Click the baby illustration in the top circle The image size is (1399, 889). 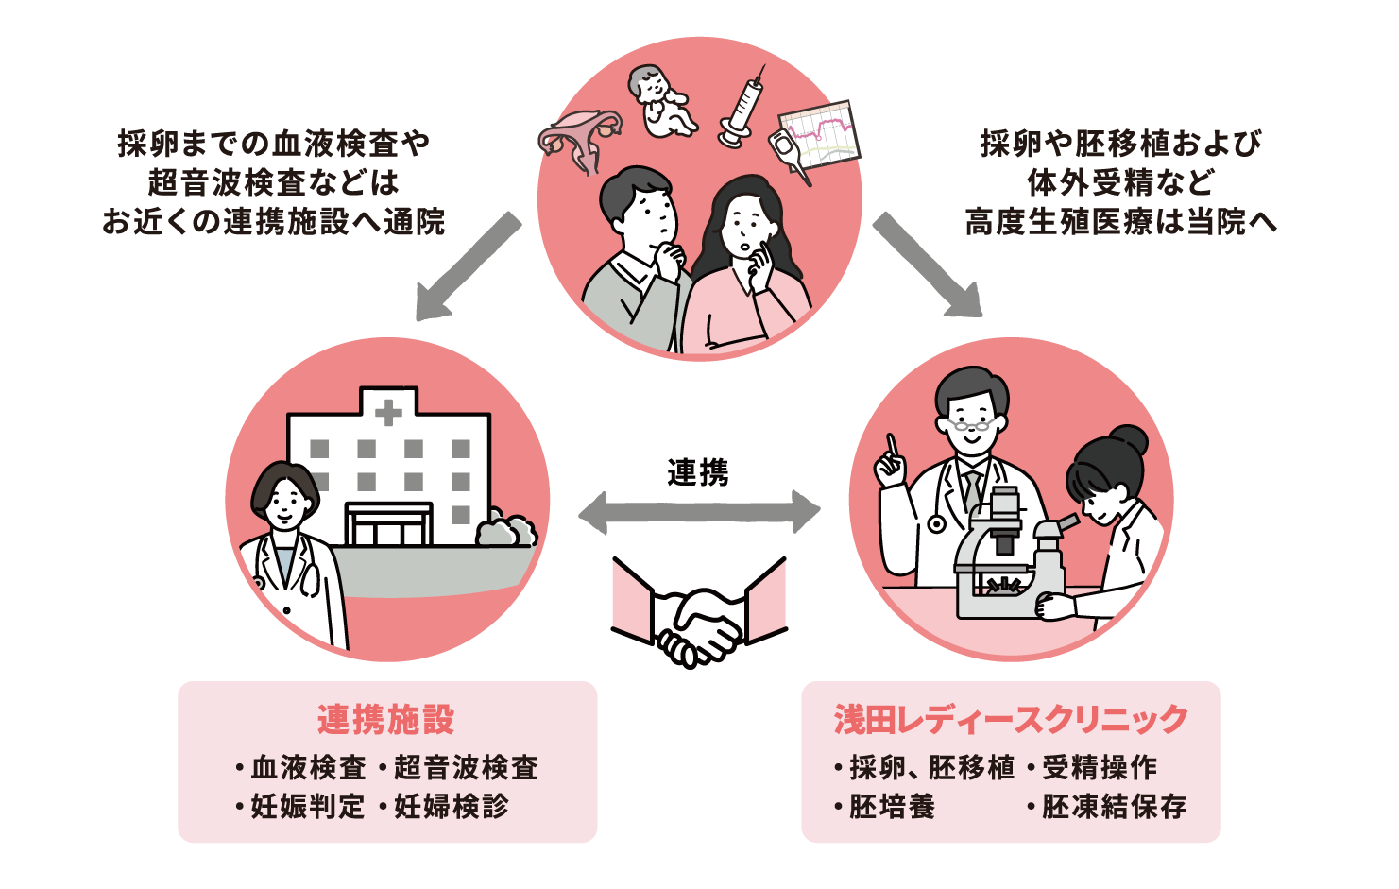point(661,99)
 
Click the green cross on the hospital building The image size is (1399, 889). point(388,412)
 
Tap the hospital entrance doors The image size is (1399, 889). point(388,525)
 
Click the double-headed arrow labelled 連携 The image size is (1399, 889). point(699,512)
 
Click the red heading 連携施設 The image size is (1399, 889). point(386,720)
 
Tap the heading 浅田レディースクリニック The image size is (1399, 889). point(1011,720)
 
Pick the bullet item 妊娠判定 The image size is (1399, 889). point(307,807)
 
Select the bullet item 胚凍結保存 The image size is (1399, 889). point(1114,807)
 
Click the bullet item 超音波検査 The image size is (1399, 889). point(466,767)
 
